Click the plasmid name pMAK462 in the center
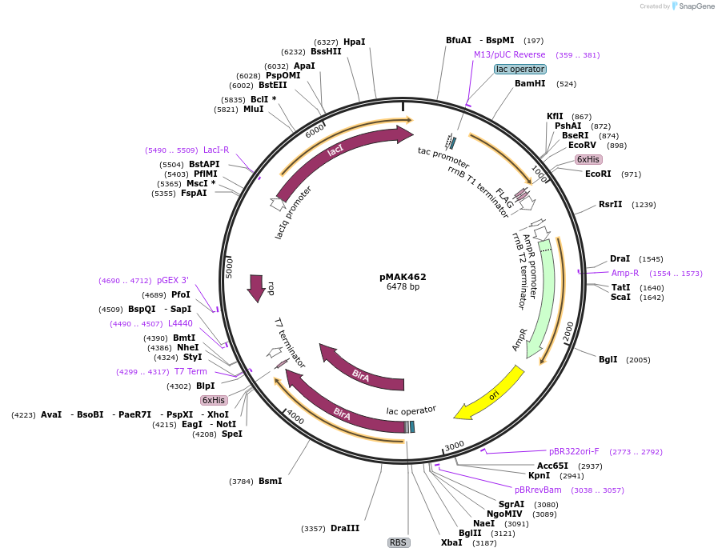[403, 277]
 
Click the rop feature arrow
[256, 288]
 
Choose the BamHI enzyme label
[530, 83]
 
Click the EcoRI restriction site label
[598, 174]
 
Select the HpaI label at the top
[354, 42]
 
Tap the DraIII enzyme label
[345, 529]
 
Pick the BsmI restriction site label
[270, 481]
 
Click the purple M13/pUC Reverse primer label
[510, 55]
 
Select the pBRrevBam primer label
[538, 490]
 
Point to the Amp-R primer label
[625, 273]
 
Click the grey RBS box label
[399, 542]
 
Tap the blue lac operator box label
[520, 70]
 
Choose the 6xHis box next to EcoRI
[588, 160]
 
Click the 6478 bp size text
[403, 286]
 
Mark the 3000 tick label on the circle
[454, 445]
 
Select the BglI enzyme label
[608, 359]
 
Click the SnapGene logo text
[692, 6]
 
